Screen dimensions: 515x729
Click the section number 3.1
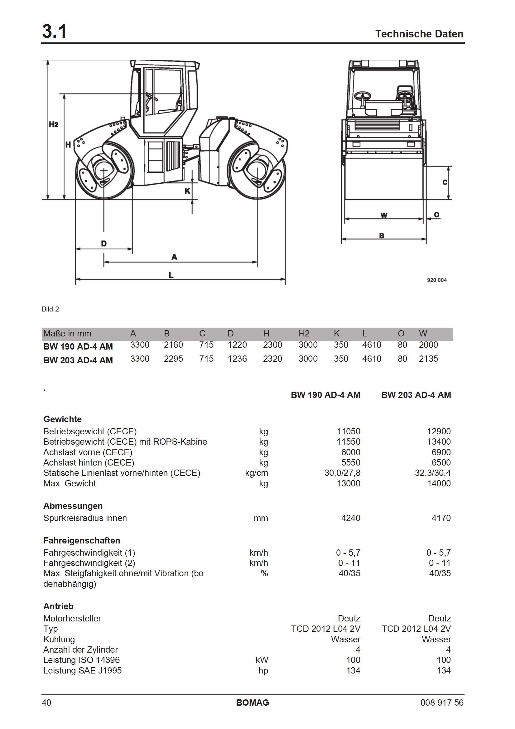tap(54, 32)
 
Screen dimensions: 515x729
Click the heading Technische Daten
tap(419, 34)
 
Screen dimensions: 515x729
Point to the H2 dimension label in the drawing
tap(53, 124)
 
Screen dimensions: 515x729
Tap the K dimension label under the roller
tap(187, 191)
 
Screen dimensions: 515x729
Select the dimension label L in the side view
tap(171, 275)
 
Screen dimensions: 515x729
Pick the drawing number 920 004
tap(437, 280)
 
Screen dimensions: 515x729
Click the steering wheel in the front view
tap(363, 96)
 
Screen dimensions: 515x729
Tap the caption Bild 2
tap(51, 309)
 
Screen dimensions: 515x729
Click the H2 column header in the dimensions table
tap(304, 334)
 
